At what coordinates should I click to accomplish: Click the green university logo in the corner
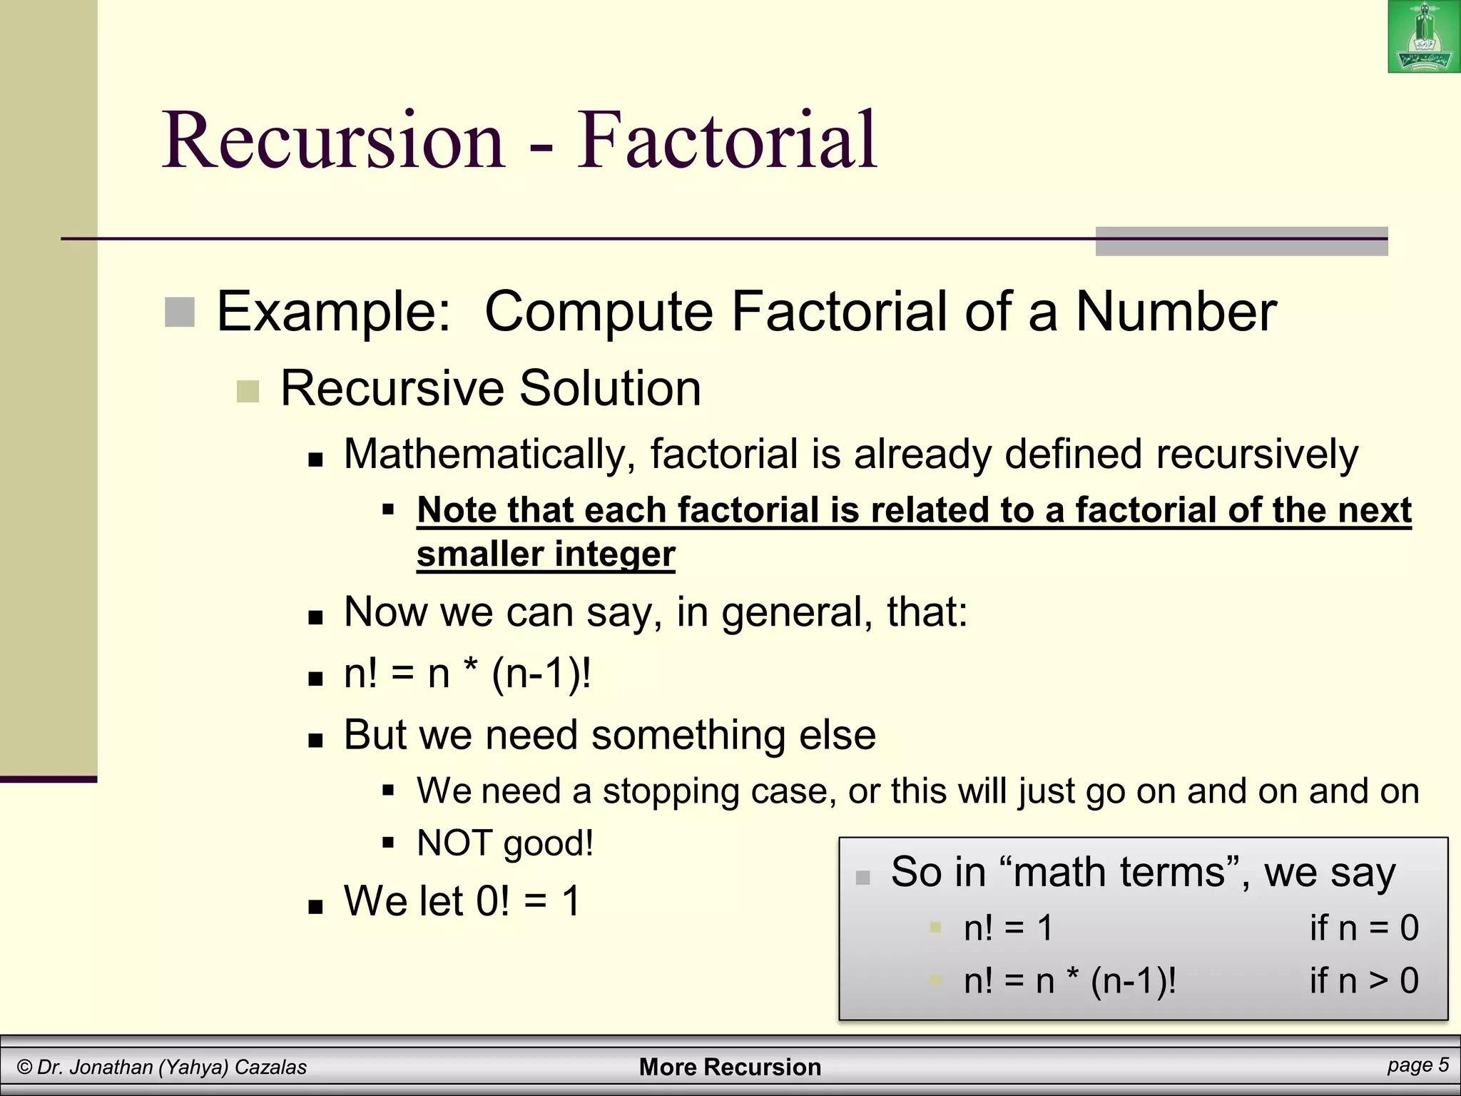(x=1423, y=37)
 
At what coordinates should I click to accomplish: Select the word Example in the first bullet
(x=333, y=312)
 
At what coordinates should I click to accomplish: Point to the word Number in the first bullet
(x=1176, y=312)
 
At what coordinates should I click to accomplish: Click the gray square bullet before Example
(x=180, y=312)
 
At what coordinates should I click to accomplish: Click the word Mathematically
(x=489, y=454)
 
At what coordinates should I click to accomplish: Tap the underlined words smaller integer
(x=546, y=554)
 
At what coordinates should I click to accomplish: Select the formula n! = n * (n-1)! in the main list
(x=467, y=673)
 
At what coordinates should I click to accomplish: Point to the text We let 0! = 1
(x=462, y=900)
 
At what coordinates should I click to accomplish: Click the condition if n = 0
(x=1363, y=928)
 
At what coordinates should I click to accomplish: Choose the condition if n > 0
(x=1363, y=980)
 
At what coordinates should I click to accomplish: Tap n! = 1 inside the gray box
(x=1008, y=928)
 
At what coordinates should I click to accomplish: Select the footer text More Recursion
(x=730, y=1067)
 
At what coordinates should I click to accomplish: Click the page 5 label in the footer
(x=1417, y=1065)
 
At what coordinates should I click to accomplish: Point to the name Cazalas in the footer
(x=270, y=1067)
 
